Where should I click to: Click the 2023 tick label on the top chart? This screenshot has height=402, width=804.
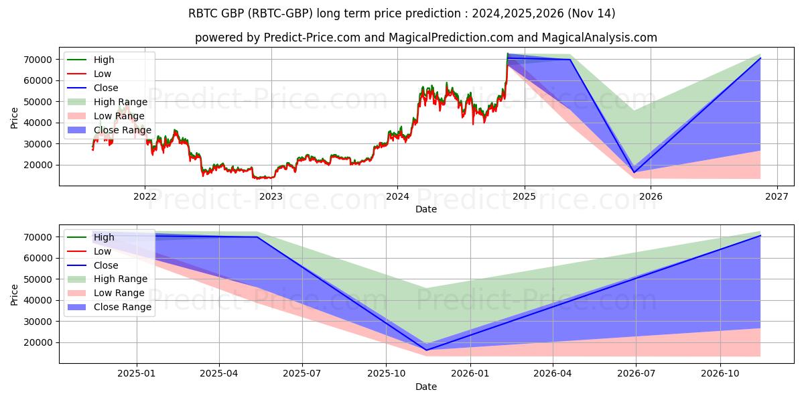click(x=271, y=196)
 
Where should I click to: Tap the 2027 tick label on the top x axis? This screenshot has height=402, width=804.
click(x=777, y=196)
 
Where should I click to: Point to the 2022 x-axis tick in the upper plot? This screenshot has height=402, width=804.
click(x=145, y=196)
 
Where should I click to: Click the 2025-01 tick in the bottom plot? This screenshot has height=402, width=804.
click(x=137, y=374)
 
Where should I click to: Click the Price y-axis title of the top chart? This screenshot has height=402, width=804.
click(x=15, y=118)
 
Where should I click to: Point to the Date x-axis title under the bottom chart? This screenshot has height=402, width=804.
click(x=426, y=387)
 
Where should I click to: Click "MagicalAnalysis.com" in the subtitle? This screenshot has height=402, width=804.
click(x=601, y=38)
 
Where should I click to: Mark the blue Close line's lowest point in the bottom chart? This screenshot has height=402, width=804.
click(x=426, y=350)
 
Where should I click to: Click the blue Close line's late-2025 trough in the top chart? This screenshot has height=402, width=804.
click(x=634, y=172)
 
